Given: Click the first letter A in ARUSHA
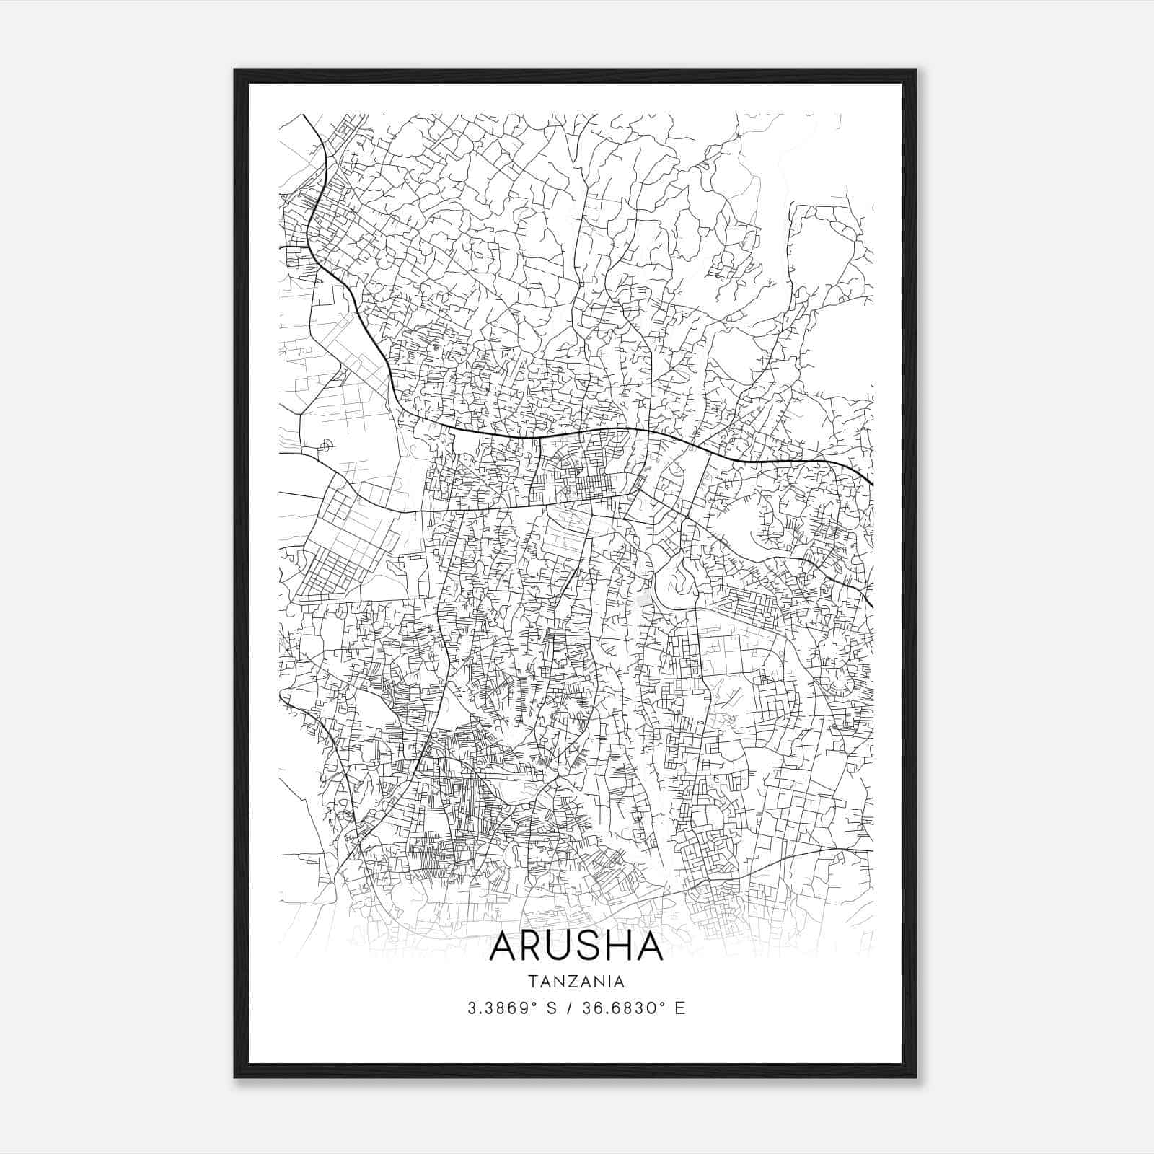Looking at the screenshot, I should [504, 947].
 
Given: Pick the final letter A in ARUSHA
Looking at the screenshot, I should [650, 947].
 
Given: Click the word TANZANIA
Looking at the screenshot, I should [576, 982].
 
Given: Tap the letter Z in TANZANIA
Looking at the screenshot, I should [569, 982].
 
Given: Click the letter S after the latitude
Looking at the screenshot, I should [552, 1008].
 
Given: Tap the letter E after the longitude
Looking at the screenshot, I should [679, 1008].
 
